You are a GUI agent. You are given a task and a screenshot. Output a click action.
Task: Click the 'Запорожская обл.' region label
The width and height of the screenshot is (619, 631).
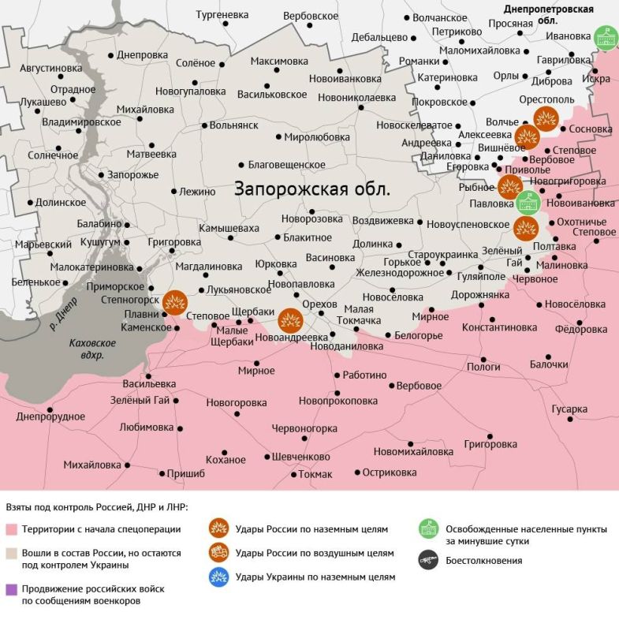(312, 190)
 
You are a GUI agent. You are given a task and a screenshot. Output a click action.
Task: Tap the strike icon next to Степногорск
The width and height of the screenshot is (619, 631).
(174, 301)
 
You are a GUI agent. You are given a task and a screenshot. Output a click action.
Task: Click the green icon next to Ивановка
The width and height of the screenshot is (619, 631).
(606, 37)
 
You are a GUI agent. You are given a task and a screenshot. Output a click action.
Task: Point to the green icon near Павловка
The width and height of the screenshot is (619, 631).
(527, 203)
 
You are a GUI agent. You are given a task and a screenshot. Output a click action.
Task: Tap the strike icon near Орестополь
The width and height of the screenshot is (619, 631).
(546, 119)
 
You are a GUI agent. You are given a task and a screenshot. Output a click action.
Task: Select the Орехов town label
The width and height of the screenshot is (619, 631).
(319, 304)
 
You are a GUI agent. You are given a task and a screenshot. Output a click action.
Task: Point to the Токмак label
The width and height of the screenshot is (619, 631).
(316, 474)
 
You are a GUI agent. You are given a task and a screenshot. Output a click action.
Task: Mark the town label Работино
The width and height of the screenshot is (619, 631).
(365, 375)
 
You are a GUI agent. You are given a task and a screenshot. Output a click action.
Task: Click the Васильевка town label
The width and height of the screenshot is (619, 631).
(149, 383)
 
